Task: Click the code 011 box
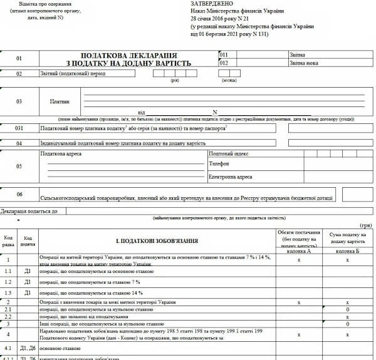[224, 55]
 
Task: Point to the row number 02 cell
[19, 73]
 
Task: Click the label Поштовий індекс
[229, 153]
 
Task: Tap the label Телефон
[219, 164]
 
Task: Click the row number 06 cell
[19, 194]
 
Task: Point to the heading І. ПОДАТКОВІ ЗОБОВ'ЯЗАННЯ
[157, 240]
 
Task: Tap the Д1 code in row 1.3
[28, 292]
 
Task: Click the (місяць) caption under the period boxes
[229, 80]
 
